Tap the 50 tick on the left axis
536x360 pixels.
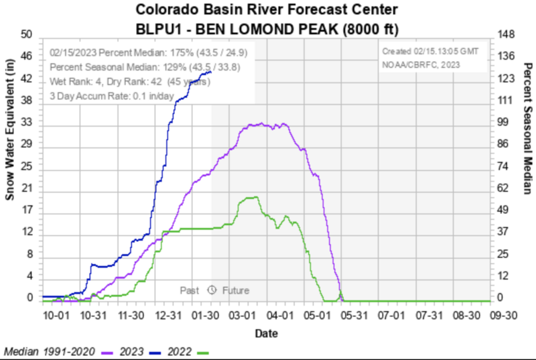(27, 35)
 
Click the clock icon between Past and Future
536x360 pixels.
(212, 290)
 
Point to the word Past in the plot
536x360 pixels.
(190, 290)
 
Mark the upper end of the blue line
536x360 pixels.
(212, 71)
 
